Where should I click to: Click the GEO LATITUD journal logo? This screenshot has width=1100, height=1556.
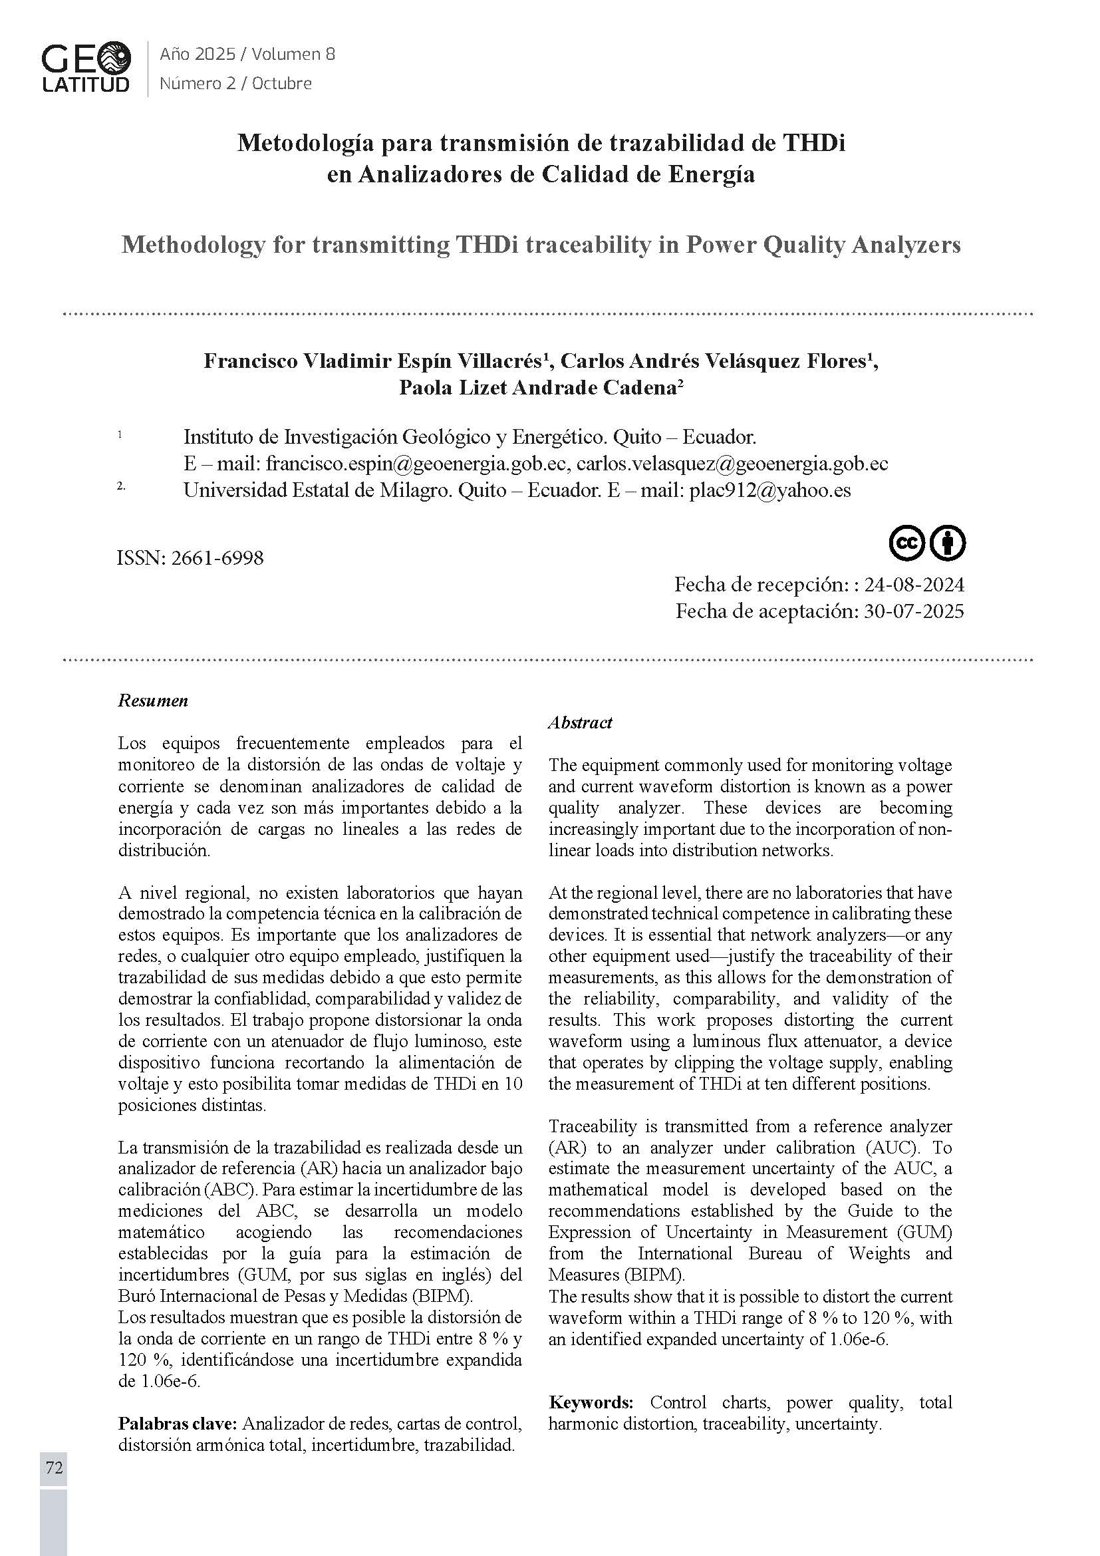coord(86,67)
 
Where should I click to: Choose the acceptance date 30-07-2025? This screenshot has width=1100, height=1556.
coord(914,611)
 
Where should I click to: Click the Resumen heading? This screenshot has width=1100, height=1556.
coord(153,700)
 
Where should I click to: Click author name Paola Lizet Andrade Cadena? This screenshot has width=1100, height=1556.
coord(537,388)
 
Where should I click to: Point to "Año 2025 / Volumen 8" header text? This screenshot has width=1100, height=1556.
coord(247,54)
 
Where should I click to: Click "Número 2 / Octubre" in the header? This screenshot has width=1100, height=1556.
coord(235,83)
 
